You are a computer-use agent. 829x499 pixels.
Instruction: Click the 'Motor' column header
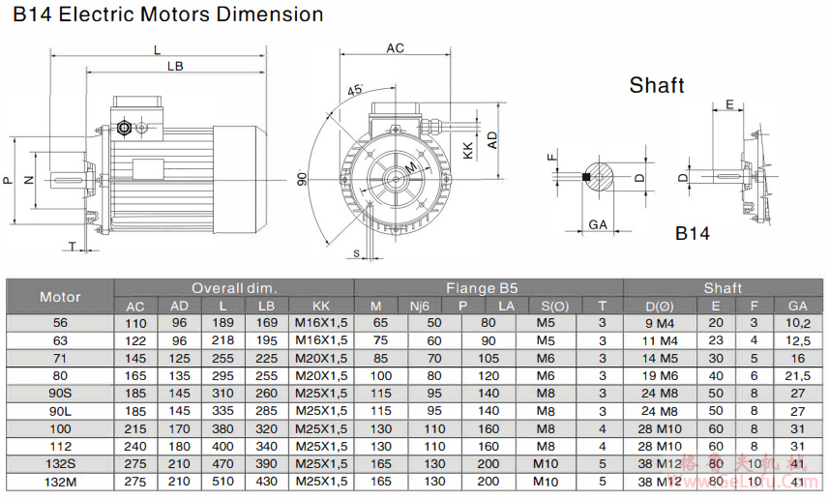60,296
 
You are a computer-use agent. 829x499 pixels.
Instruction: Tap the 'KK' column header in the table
321,306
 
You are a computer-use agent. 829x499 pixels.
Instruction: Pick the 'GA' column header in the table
798,306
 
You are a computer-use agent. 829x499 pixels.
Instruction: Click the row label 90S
60,393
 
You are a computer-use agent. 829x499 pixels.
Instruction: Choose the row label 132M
60,481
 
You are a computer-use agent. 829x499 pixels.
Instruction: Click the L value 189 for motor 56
222,323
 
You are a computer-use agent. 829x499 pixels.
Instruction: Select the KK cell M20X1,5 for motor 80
321,375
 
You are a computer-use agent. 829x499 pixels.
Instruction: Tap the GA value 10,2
798,323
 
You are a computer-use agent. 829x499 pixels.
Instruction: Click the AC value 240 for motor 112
135,446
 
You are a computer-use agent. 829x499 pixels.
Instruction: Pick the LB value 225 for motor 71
267,358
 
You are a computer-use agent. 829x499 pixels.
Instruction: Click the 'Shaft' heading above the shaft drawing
657,85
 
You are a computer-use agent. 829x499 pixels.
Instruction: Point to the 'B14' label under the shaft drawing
693,233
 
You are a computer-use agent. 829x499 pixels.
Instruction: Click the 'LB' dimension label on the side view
174,66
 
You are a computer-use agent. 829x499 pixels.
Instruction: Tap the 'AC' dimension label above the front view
395,47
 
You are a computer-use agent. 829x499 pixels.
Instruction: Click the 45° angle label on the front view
355,90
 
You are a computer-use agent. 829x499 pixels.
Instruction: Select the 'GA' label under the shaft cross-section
597,224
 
